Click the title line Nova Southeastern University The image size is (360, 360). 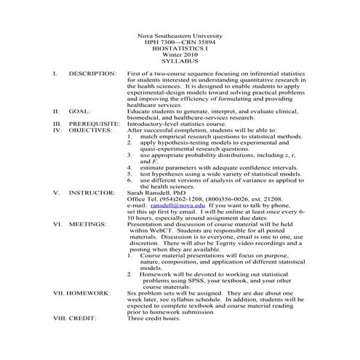tap(180, 36)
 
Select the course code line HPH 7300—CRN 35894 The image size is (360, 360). tap(180, 44)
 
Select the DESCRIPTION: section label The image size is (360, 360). tap(92, 75)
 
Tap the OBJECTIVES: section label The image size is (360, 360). tap(91, 130)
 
